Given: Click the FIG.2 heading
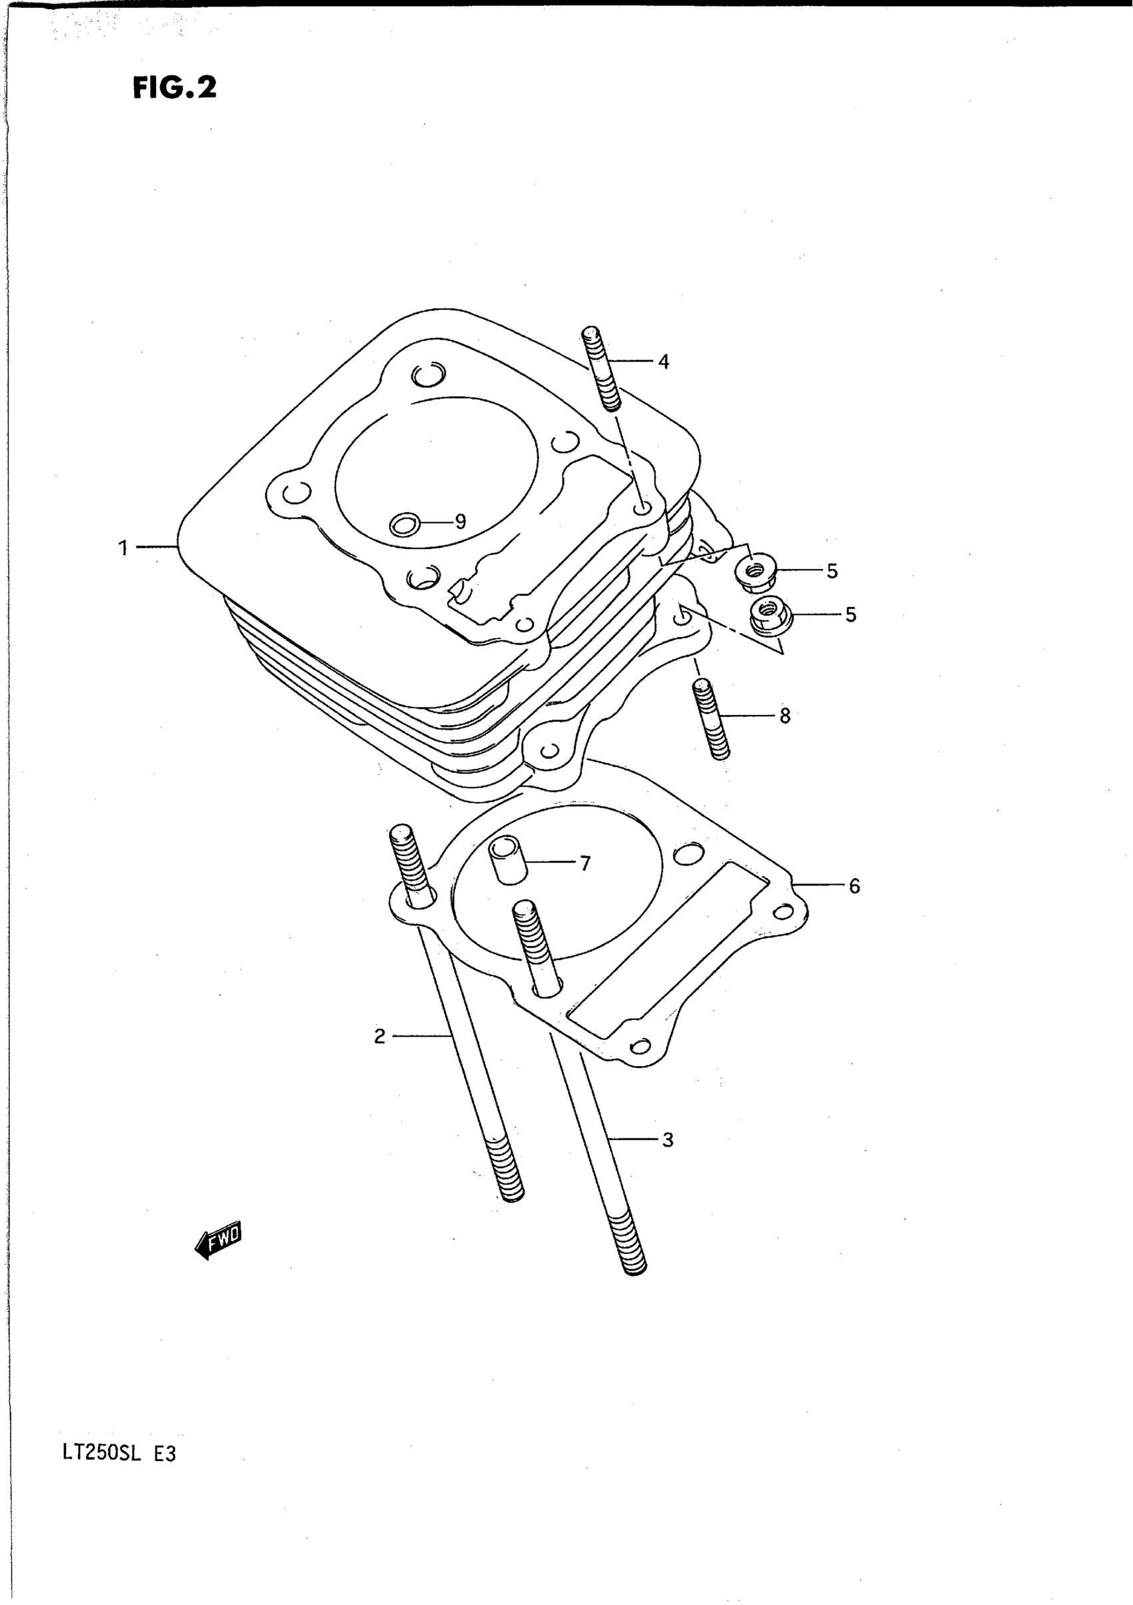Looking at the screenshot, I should pyautogui.click(x=174, y=88).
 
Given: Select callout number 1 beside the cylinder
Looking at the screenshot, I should pyautogui.click(x=123, y=548).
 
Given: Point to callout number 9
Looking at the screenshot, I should pyautogui.click(x=460, y=522).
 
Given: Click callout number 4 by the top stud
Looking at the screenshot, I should pyautogui.click(x=664, y=361).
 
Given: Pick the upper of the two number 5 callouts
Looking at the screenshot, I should pyautogui.click(x=832, y=571).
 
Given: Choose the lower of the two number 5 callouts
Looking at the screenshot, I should pyautogui.click(x=850, y=614).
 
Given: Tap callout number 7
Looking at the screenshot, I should pyautogui.click(x=585, y=863).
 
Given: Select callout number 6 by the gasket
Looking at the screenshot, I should pyautogui.click(x=854, y=886).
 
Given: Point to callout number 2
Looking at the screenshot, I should pyautogui.click(x=380, y=1036).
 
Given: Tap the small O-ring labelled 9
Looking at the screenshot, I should pyautogui.click(x=405, y=523).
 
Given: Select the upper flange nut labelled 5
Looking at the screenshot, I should pyautogui.click(x=751, y=571).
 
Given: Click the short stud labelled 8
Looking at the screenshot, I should pyautogui.click(x=710, y=720).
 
